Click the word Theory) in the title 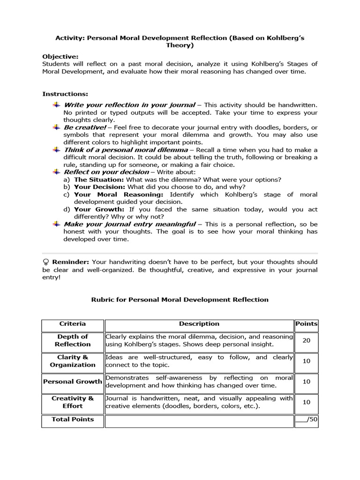coord(180,45)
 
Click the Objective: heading coord(60,56)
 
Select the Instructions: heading coord(65,94)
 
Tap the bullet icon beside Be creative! coord(56,127)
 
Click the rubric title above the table coord(180,300)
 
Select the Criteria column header coord(72,324)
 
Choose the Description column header coord(199,324)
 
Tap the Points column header coord(306,324)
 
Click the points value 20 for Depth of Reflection coord(306,340)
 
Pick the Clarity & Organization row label coord(72,361)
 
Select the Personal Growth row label coord(72,382)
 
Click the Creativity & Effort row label coord(72,402)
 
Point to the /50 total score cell coord(306,420)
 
